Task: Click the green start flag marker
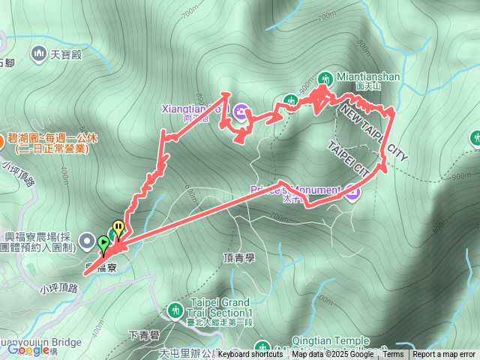click(103, 243)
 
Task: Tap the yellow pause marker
click(118, 227)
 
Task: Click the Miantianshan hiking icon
click(325, 77)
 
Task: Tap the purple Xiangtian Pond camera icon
click(241, 112)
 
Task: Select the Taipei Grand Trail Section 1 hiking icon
click(175, 309)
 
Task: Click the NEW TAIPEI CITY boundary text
click(374, 133)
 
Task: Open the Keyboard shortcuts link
click(250, 355)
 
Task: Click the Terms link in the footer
click(393, 355)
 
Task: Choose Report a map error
click(443, 355)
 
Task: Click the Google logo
click(28, 349)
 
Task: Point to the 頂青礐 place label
click(239, 256)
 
